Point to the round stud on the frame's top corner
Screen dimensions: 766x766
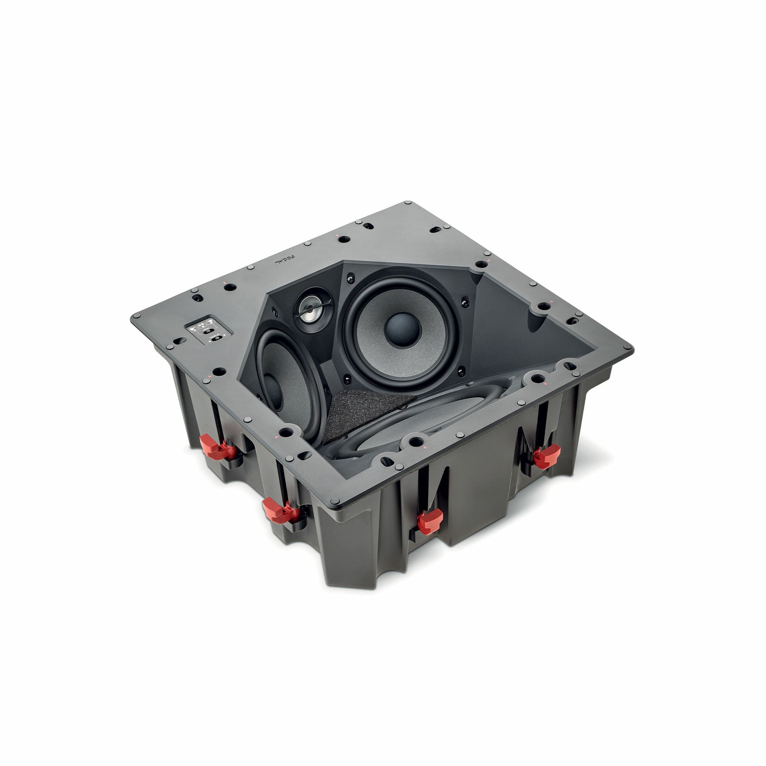[408, 203]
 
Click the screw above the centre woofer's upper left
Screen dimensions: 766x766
[350, 280]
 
